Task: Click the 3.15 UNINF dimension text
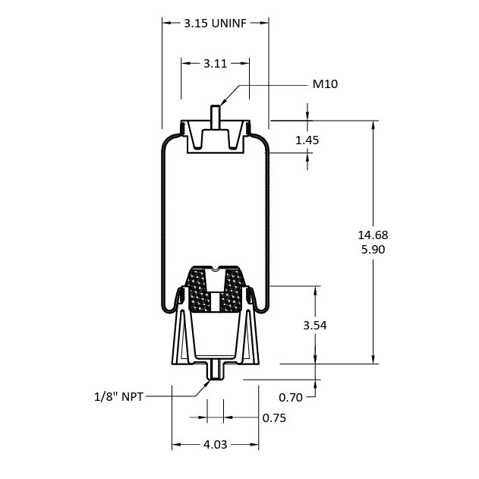point(216,24)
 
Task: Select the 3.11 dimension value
point(216,64)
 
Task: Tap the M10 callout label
point(325,84)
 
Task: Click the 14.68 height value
point(373,235)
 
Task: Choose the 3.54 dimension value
point(314,325)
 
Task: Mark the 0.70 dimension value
point(291,396)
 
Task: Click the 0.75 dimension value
point(274,418)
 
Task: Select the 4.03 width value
point(216,445)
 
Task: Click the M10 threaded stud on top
point(215,114)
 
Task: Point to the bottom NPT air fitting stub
point(216,370)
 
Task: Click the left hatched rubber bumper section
point(199,292)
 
